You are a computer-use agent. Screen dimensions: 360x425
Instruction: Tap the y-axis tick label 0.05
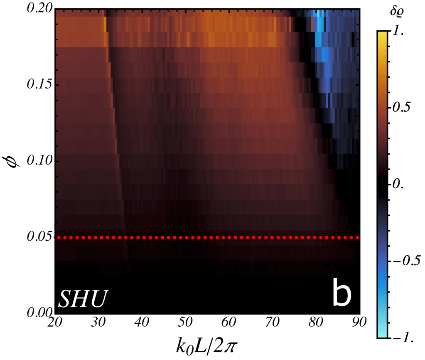pyautogui.click(x=38, y=237)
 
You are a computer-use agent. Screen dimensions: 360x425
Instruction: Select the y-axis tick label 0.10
pyautogui.click(x=38, y=161)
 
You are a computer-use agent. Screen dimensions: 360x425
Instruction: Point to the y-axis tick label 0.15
pyautogui.click(x=38, y=85)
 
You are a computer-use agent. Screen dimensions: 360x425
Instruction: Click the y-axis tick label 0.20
pyautogui.click(x=38, y=9)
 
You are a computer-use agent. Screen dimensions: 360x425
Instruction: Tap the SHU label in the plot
pyautogui.click(x=83, y=298)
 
